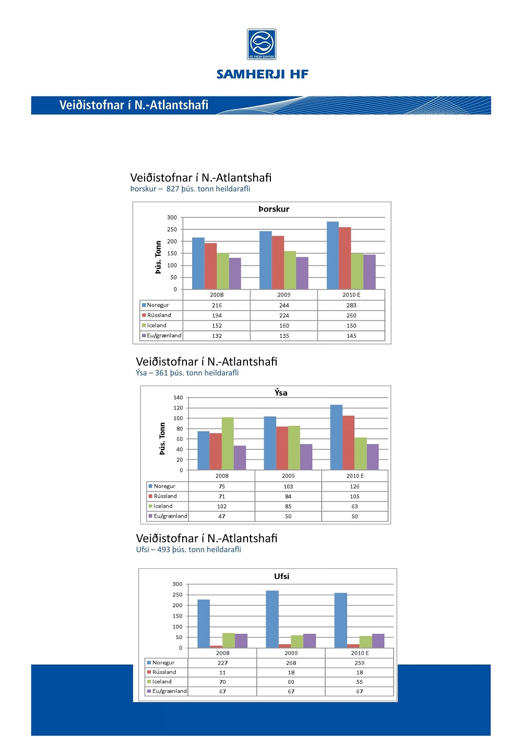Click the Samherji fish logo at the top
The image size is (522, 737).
[x=262, y=44]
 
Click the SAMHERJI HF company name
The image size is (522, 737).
[x=263, y=74]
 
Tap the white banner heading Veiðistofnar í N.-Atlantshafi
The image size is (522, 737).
[x=134, y=105]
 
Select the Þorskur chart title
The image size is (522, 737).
[x=274, y=209]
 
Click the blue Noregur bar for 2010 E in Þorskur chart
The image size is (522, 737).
[x=333, y=255]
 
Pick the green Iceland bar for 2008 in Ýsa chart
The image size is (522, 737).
[x=228, y=444]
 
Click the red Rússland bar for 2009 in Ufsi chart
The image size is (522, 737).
[x=285, y=646]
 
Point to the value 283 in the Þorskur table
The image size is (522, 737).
[x=351, y=305]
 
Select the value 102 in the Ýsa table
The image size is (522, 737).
[x=222, y=506]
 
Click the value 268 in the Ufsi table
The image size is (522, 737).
[x=291, y=662]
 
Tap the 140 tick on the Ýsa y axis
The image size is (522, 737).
[x=179, y=398]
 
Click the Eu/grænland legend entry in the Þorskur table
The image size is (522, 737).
[x=161, y=336]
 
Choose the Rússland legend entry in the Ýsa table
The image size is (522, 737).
[x=163, y=496]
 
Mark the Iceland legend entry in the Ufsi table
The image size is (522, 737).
[x=160, y=681]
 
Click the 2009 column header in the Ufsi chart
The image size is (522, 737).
[x=291, y=653]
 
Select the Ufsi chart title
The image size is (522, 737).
[x=282, y=576]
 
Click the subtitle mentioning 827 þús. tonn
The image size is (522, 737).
[x=190, y=189]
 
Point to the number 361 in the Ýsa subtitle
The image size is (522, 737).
[x=161, y=373]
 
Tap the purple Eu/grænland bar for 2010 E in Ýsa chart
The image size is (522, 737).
[x=373, y=457]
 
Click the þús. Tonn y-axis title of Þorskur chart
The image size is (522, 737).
[x=159, y=257]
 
